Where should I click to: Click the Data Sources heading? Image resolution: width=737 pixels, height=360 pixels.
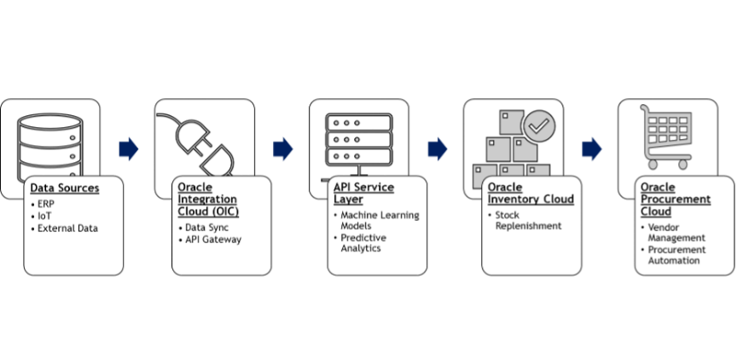coord(65,188)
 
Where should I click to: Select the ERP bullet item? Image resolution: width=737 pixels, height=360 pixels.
coord(45,205)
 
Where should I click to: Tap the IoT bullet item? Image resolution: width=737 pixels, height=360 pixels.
coord(44,217)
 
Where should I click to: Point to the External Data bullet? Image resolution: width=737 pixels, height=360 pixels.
coord(67,229)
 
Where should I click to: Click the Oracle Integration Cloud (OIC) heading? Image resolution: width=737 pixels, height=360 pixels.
coord(207,199)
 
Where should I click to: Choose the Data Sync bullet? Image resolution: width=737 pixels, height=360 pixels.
coord(206,228)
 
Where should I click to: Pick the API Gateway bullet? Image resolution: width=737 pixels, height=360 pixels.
coord(213,240)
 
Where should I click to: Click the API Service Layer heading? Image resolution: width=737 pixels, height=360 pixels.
coord(363,193)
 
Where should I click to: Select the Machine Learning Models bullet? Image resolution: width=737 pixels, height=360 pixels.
coord(380,220)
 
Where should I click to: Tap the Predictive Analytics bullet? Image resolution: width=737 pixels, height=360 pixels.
coord(363,243)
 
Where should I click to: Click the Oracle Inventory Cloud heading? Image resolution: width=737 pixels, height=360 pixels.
coord(531,193)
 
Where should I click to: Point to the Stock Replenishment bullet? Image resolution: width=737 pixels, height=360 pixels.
coord(528,220)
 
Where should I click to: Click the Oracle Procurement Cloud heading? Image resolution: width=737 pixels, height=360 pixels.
coord(676,199)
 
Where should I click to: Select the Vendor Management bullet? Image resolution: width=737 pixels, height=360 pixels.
coord(676,233)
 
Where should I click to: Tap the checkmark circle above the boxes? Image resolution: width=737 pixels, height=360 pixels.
coord(538,127)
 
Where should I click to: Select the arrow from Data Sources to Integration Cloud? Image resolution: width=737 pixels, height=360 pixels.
coord(129,149)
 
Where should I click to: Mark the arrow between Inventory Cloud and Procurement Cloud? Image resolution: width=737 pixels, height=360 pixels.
coord(592,149)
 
